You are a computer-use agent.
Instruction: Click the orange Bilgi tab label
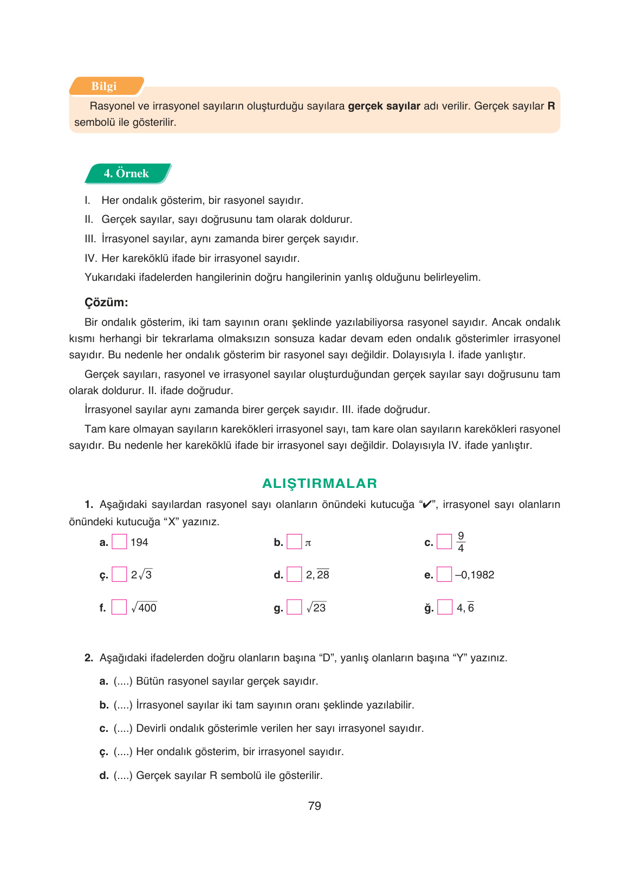pyautogui.click(x=104, y=86)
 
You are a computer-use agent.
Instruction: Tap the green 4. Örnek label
pyautogui.click(x=126, y=173)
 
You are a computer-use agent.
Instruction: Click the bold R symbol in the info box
pyautogui.click(x=551, y=106)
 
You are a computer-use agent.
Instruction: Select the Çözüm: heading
pyautogui.click(x=106, y=302)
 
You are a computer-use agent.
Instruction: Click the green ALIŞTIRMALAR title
pyautogui.click(x=320, y=484)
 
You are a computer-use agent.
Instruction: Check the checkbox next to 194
pyautogui.click(x=119, y=542)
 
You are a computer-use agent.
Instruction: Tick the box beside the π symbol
pyautogui.click(x=294, y=542)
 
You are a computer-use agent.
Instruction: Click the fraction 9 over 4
pyautogui.click(x=460, y=542)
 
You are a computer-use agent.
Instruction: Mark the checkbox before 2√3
pyautogui.click(x=119, y=575)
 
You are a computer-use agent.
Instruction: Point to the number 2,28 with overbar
pyautogui.click(x=317, y=575)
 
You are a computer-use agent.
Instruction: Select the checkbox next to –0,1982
pyautogui.click(x=444, y=575)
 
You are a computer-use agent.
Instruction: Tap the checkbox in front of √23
pyautogui.click(x=294, y=607)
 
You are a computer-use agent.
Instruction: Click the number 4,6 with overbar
pyautogui.click(x=465, y=608)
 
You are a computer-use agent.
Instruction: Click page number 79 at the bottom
pyautogui.click(x=314, y=806)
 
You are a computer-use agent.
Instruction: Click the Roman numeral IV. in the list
pyautogui.click(x=90, y=258)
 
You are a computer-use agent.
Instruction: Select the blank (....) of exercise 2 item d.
pyautogui.click(x=123, y=776)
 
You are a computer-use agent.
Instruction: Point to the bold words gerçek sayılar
pyautogui.click(x=384, y=106)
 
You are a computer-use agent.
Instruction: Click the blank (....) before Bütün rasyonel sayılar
pyautogui.click(x=123, y=681)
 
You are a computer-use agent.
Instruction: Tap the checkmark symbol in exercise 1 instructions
pyautogui.click(x=427, y=505)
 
